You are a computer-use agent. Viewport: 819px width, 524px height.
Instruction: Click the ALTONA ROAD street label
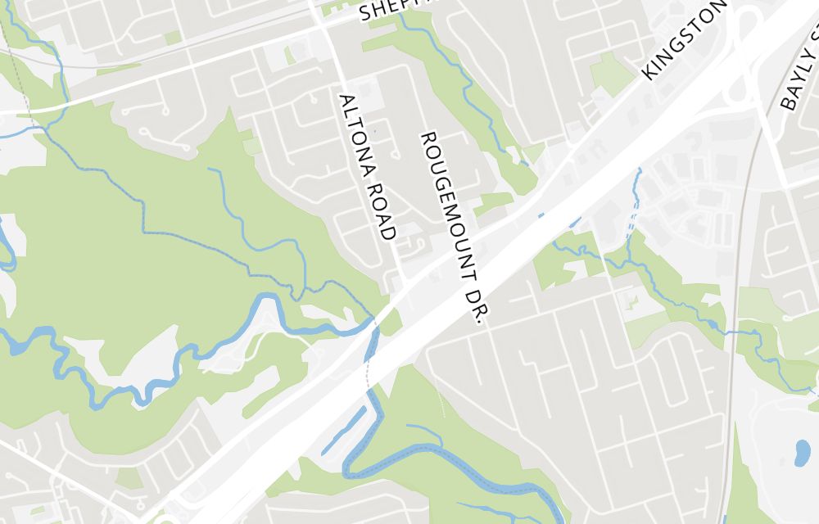(x=368, y=166)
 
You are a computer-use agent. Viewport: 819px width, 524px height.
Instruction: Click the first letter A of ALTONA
(x=347, y=100)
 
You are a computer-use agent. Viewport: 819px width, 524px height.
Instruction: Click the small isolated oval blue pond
(x=802, y=452)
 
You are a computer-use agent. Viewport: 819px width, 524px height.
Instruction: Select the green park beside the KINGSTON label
(x=610, y=74)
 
